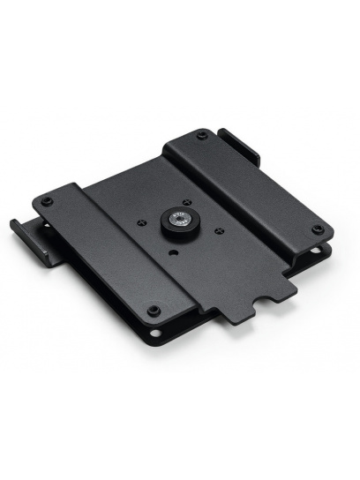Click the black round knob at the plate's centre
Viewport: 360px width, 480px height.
point(178,223)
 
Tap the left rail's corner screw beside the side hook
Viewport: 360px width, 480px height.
point(47,202)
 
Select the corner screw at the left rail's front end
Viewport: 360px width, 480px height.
point(154,310)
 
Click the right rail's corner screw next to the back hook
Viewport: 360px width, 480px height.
point(203,135)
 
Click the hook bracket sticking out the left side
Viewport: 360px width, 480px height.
point(26,236)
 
